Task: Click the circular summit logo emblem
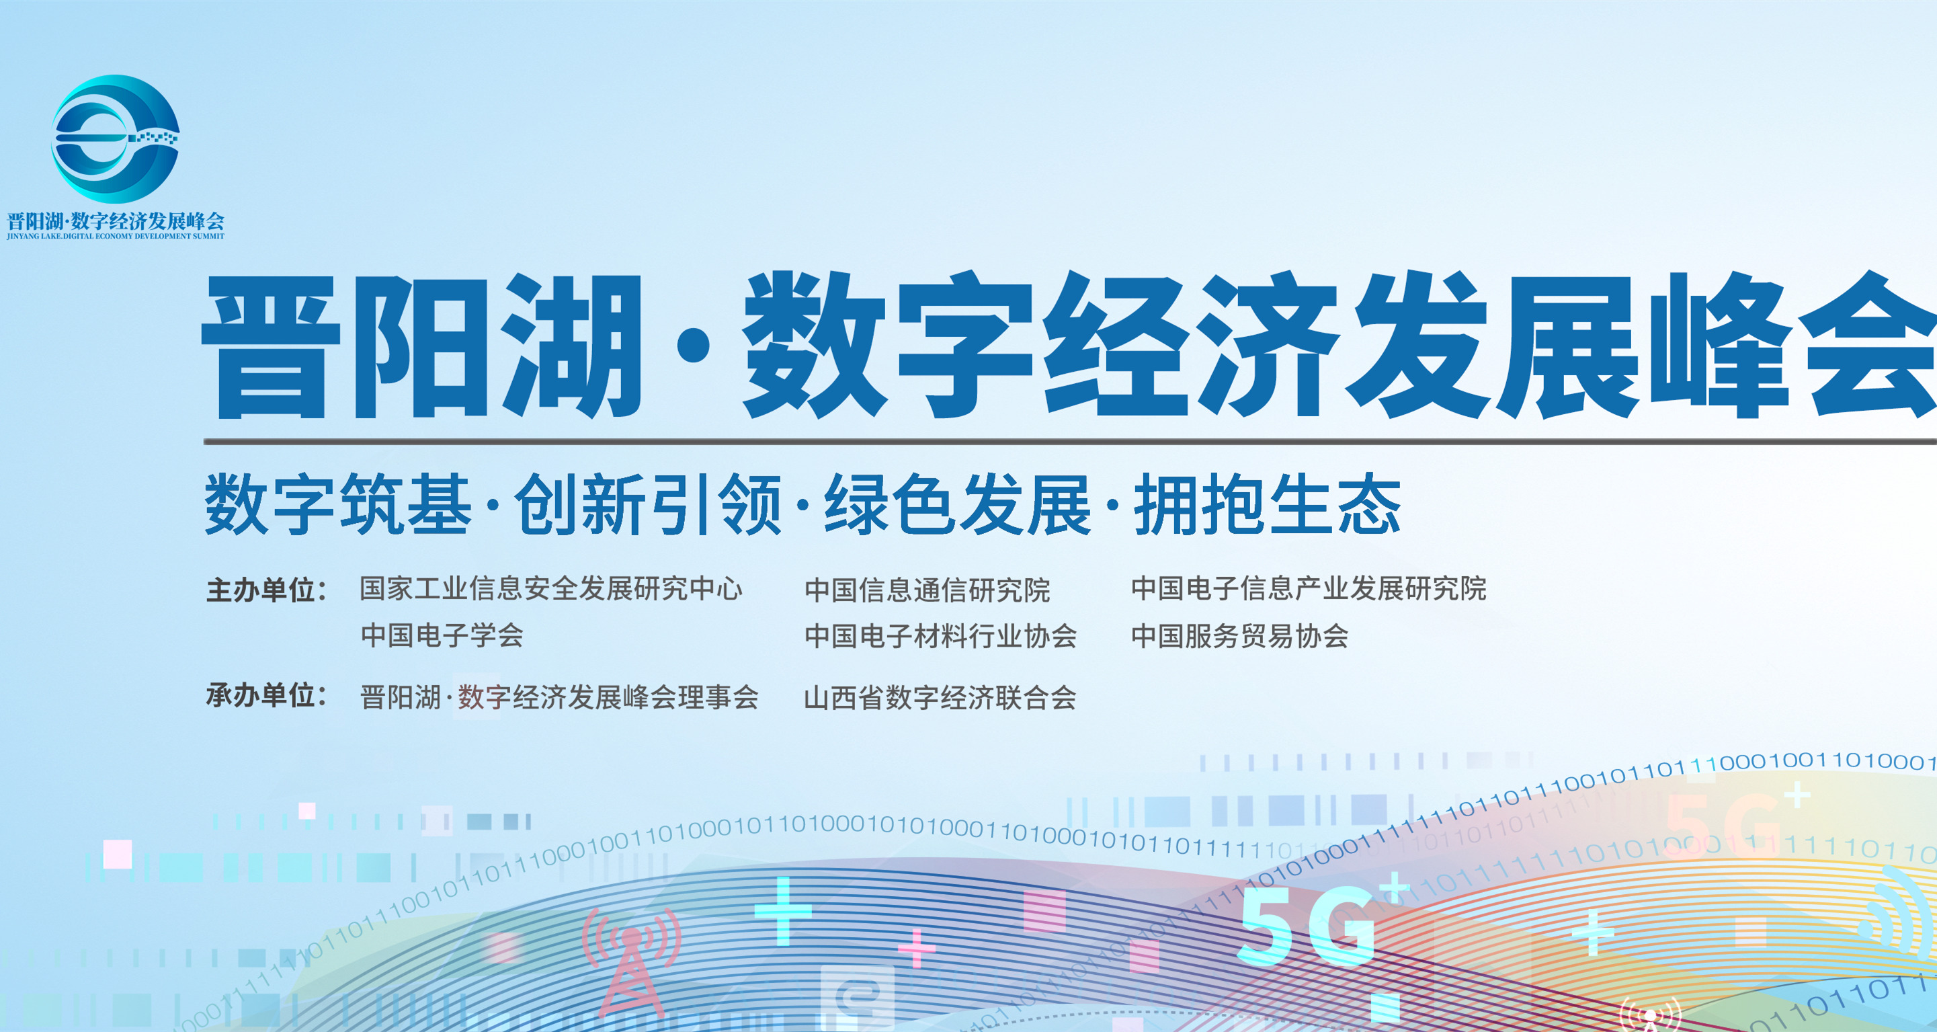click(x=115, y=138)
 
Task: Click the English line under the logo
click(x=116, y=236)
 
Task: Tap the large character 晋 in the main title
click(x=271, y=346)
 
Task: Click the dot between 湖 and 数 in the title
click(x=692, y=349)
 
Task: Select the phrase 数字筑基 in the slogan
click(x=338, y=505)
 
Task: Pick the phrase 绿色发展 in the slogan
click(x=957, y=505)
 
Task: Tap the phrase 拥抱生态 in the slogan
click(x=1267, y=505)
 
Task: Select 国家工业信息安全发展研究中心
click(x=551, y=589)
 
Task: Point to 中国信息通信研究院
click(x=927, y=590)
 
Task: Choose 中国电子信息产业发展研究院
click(x=1309, y=589)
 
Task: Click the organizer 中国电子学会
click(x=442, y=635)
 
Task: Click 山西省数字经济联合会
click(x=940, y=698)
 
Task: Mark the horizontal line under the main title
click(x=1068, y=442)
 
